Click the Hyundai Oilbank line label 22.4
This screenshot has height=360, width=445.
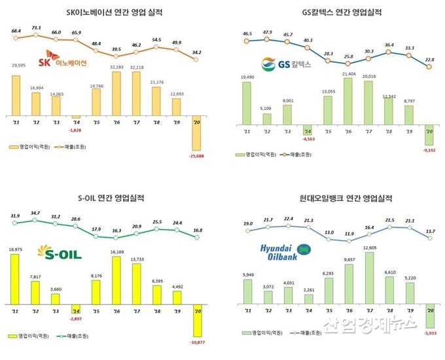289,226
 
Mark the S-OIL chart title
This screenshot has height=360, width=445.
112,198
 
